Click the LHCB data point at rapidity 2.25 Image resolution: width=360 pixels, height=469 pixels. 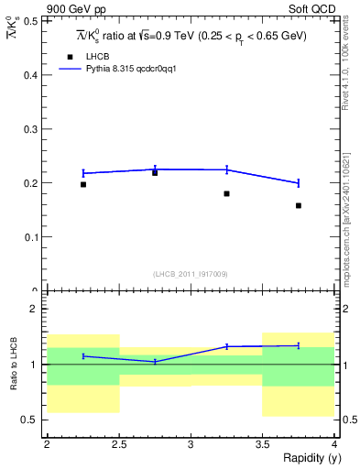(82, 184)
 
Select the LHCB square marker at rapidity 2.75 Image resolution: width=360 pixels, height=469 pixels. (155, 172)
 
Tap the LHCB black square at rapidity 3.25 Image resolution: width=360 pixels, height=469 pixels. (226, 193)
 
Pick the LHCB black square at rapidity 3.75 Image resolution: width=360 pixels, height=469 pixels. (299, 205)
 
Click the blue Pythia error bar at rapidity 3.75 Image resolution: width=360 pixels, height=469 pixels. (299, 182)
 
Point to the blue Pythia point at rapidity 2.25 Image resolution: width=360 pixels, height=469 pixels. (82, 172)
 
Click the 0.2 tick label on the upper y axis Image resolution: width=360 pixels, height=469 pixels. (32, 183)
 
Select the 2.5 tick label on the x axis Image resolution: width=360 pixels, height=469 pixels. (118, 444)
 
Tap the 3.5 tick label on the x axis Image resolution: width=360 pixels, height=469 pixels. (263, 444)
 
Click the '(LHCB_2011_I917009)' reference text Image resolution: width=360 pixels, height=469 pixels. (191, 274)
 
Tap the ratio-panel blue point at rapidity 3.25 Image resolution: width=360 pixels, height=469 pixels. (226, 346)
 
